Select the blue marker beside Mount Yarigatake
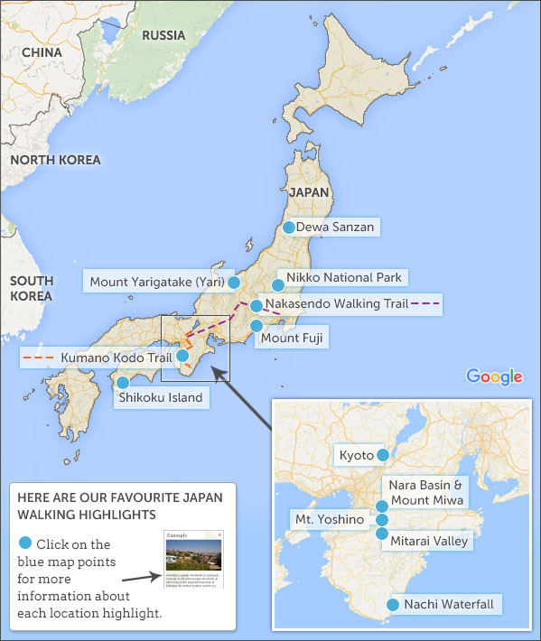234,283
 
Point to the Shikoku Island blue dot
123,383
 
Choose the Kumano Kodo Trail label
116,358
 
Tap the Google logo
495,376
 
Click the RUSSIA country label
163,35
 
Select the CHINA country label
42,52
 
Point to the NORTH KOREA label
55,160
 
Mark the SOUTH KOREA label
32,288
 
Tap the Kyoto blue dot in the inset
383,454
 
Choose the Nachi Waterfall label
449,604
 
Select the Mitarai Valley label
430,541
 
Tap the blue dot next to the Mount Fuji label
257,326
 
